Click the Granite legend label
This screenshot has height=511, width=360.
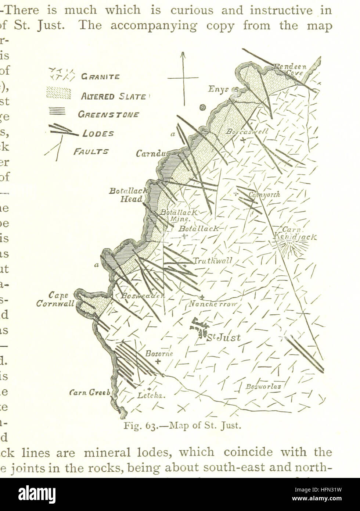pyautogui.click(x=100, y=77)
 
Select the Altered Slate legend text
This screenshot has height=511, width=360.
pyautogui.click(x=113, y=97)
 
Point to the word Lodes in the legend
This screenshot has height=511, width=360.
pyautogui.click(x=98, y=133)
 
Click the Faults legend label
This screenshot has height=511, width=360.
pyautogui.click(x=91, y=151)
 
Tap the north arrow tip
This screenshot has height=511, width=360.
pyautogui.click(x=183, y=53)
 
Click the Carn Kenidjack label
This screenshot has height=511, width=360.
pyautogui.click(x=295, y=234)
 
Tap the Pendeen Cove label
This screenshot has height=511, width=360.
pyautogui.click(x=292, y=70)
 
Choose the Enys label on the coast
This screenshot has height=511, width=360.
pyautogui.click(x=219, y=89)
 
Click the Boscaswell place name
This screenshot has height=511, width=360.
pyautogui.click(x=247, y=131)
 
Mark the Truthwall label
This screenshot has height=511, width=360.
pyautogui.click(x=213, y=261)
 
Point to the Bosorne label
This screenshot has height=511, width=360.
pyautogui.click(x=159, y=354)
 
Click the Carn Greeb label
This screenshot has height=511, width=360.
pyautogui.click(x=90, y=393)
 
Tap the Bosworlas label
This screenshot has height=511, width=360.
pyautogui.click(x=263, y=386)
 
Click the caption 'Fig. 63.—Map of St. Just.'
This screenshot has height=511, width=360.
pyautogui.click(x=182, y=426)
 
